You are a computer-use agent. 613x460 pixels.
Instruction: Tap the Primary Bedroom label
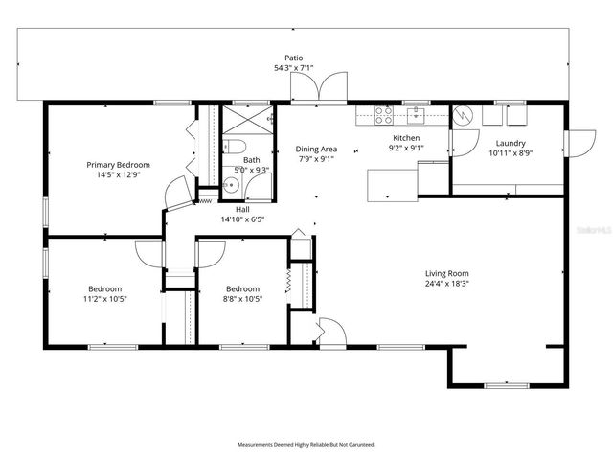pos(119,164)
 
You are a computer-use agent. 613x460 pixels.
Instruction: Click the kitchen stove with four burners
pos(383,115)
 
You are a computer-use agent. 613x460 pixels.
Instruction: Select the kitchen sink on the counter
pos(417,115)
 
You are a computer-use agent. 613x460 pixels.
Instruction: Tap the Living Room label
pos(447,273)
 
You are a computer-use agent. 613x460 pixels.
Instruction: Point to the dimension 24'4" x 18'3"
pos(447,284)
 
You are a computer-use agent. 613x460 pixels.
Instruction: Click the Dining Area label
pos(315,149)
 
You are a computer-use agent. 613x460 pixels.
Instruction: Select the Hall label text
pos(242,209)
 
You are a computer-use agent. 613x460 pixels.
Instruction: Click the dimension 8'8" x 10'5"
pos(242,299)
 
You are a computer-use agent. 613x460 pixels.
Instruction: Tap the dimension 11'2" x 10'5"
pos(105,299)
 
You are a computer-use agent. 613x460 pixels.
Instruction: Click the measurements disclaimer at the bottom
pos(306,445)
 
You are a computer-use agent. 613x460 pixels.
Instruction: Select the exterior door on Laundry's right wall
pos(579,143)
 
